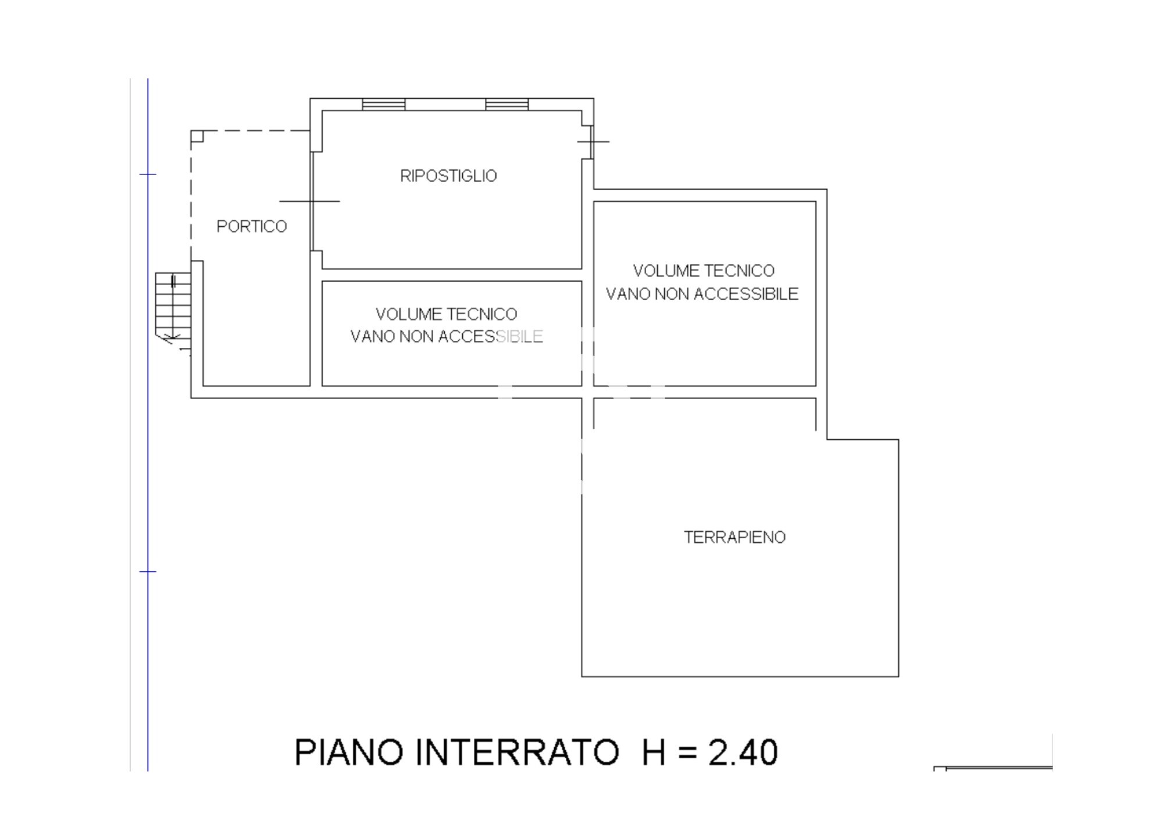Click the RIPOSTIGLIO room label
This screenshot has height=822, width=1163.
[x=448, y=176]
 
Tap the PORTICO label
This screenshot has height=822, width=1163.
[x=252, y=226]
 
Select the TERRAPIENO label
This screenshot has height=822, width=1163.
[x=734, y=537]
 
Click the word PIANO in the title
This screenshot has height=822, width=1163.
[x=348, y=752]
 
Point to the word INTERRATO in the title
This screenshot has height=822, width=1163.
[x=518, y=752]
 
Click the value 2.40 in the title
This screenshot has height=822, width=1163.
[x=743, y=752]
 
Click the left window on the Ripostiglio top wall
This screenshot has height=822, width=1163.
[x=384, y=104]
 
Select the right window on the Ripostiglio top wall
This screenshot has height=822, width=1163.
[x=507, y=104]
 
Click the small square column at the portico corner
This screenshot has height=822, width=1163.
[x=197, y=136]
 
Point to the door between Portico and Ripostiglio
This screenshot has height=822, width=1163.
[x=312, y=201]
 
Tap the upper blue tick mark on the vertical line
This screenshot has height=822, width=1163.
[x=148, y=174]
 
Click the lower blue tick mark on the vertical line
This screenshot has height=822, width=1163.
[x=148, y=571]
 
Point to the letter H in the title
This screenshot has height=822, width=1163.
[x=654, y=752]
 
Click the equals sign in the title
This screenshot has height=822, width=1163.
[x=687, y=753]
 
